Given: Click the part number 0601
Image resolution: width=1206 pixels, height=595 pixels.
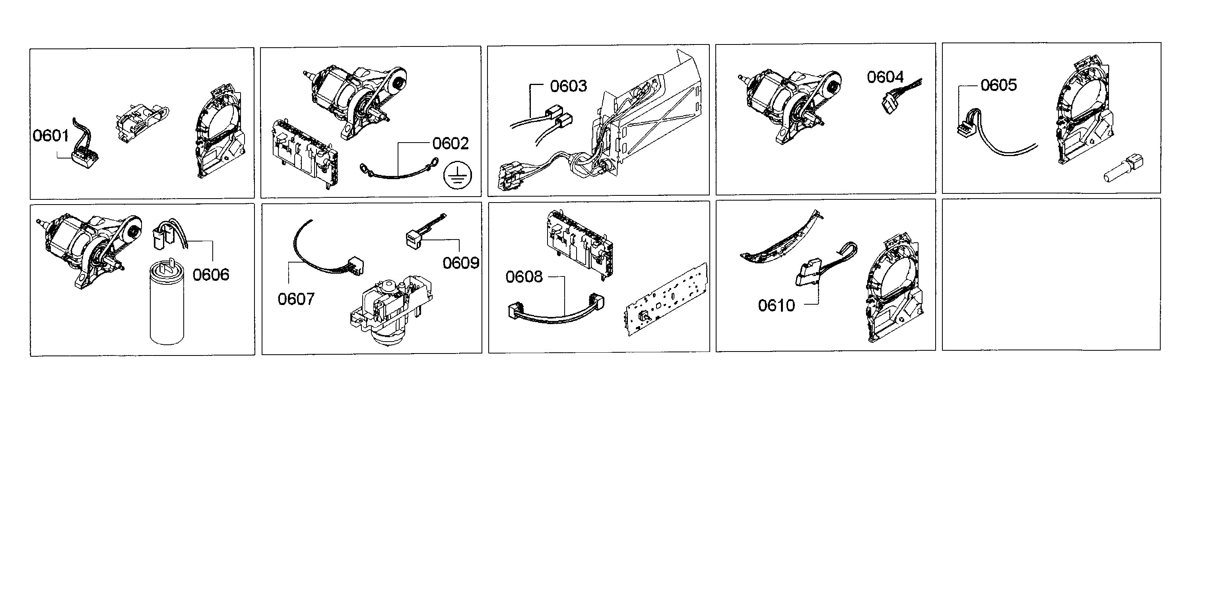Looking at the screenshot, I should point(50,136).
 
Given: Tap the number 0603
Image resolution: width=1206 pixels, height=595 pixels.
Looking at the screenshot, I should point(568,86).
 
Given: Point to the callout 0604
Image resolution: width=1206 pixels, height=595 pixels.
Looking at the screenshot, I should point(885,77).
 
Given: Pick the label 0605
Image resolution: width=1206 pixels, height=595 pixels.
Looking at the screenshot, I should point(998,85).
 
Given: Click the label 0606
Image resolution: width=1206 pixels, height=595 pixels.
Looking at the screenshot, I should point(211,274).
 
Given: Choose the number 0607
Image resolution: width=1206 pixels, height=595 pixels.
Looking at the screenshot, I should point(296,299).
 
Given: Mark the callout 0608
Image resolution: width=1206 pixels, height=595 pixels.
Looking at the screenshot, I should point(524,277).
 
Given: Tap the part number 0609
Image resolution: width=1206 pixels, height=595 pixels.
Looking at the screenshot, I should point(461,263).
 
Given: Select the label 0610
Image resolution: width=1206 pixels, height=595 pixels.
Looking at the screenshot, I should point(776,305).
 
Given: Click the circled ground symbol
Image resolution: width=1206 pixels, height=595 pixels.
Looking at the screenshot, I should point(457,176).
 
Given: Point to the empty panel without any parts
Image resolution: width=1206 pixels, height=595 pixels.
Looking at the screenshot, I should point(1051,274).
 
